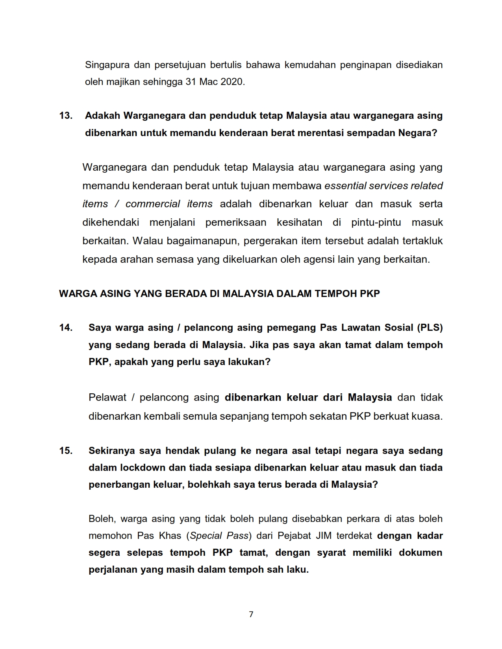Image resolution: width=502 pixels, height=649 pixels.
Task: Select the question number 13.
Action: click(x=66, y=116)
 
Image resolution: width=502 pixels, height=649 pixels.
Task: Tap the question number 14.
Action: click(x=66, y=328)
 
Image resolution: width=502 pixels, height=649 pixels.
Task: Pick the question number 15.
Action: click(x=66, y=451)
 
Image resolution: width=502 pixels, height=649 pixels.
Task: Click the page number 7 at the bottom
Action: click(x=251, y=614)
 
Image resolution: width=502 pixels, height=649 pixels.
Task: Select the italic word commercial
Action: click(x=152, y=204)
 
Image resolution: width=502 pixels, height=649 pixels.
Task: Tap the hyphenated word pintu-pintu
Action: click(x=376, y=223)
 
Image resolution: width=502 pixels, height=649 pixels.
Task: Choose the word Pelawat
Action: click(x=107, y=398)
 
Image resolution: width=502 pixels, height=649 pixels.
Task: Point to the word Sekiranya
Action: click(x=111, y=451)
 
